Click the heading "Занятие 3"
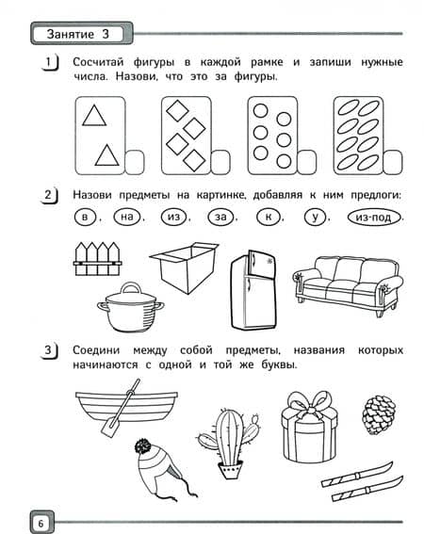click(78, 34)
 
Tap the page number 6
click(41, 523)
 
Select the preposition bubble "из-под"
click(373, 217)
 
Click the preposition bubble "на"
click(127, 217)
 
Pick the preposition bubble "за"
click(220, 217)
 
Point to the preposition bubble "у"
click(316, 217)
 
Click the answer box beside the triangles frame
click(135, 162)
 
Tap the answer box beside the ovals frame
click(393, 162)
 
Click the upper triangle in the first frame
click(94, 116)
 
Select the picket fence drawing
click(97, 258)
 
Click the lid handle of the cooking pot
click(131, 288)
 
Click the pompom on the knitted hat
click(143, 445)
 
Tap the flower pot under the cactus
click(231, 470)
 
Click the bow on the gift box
click(310, 405)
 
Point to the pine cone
click(379, 414)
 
